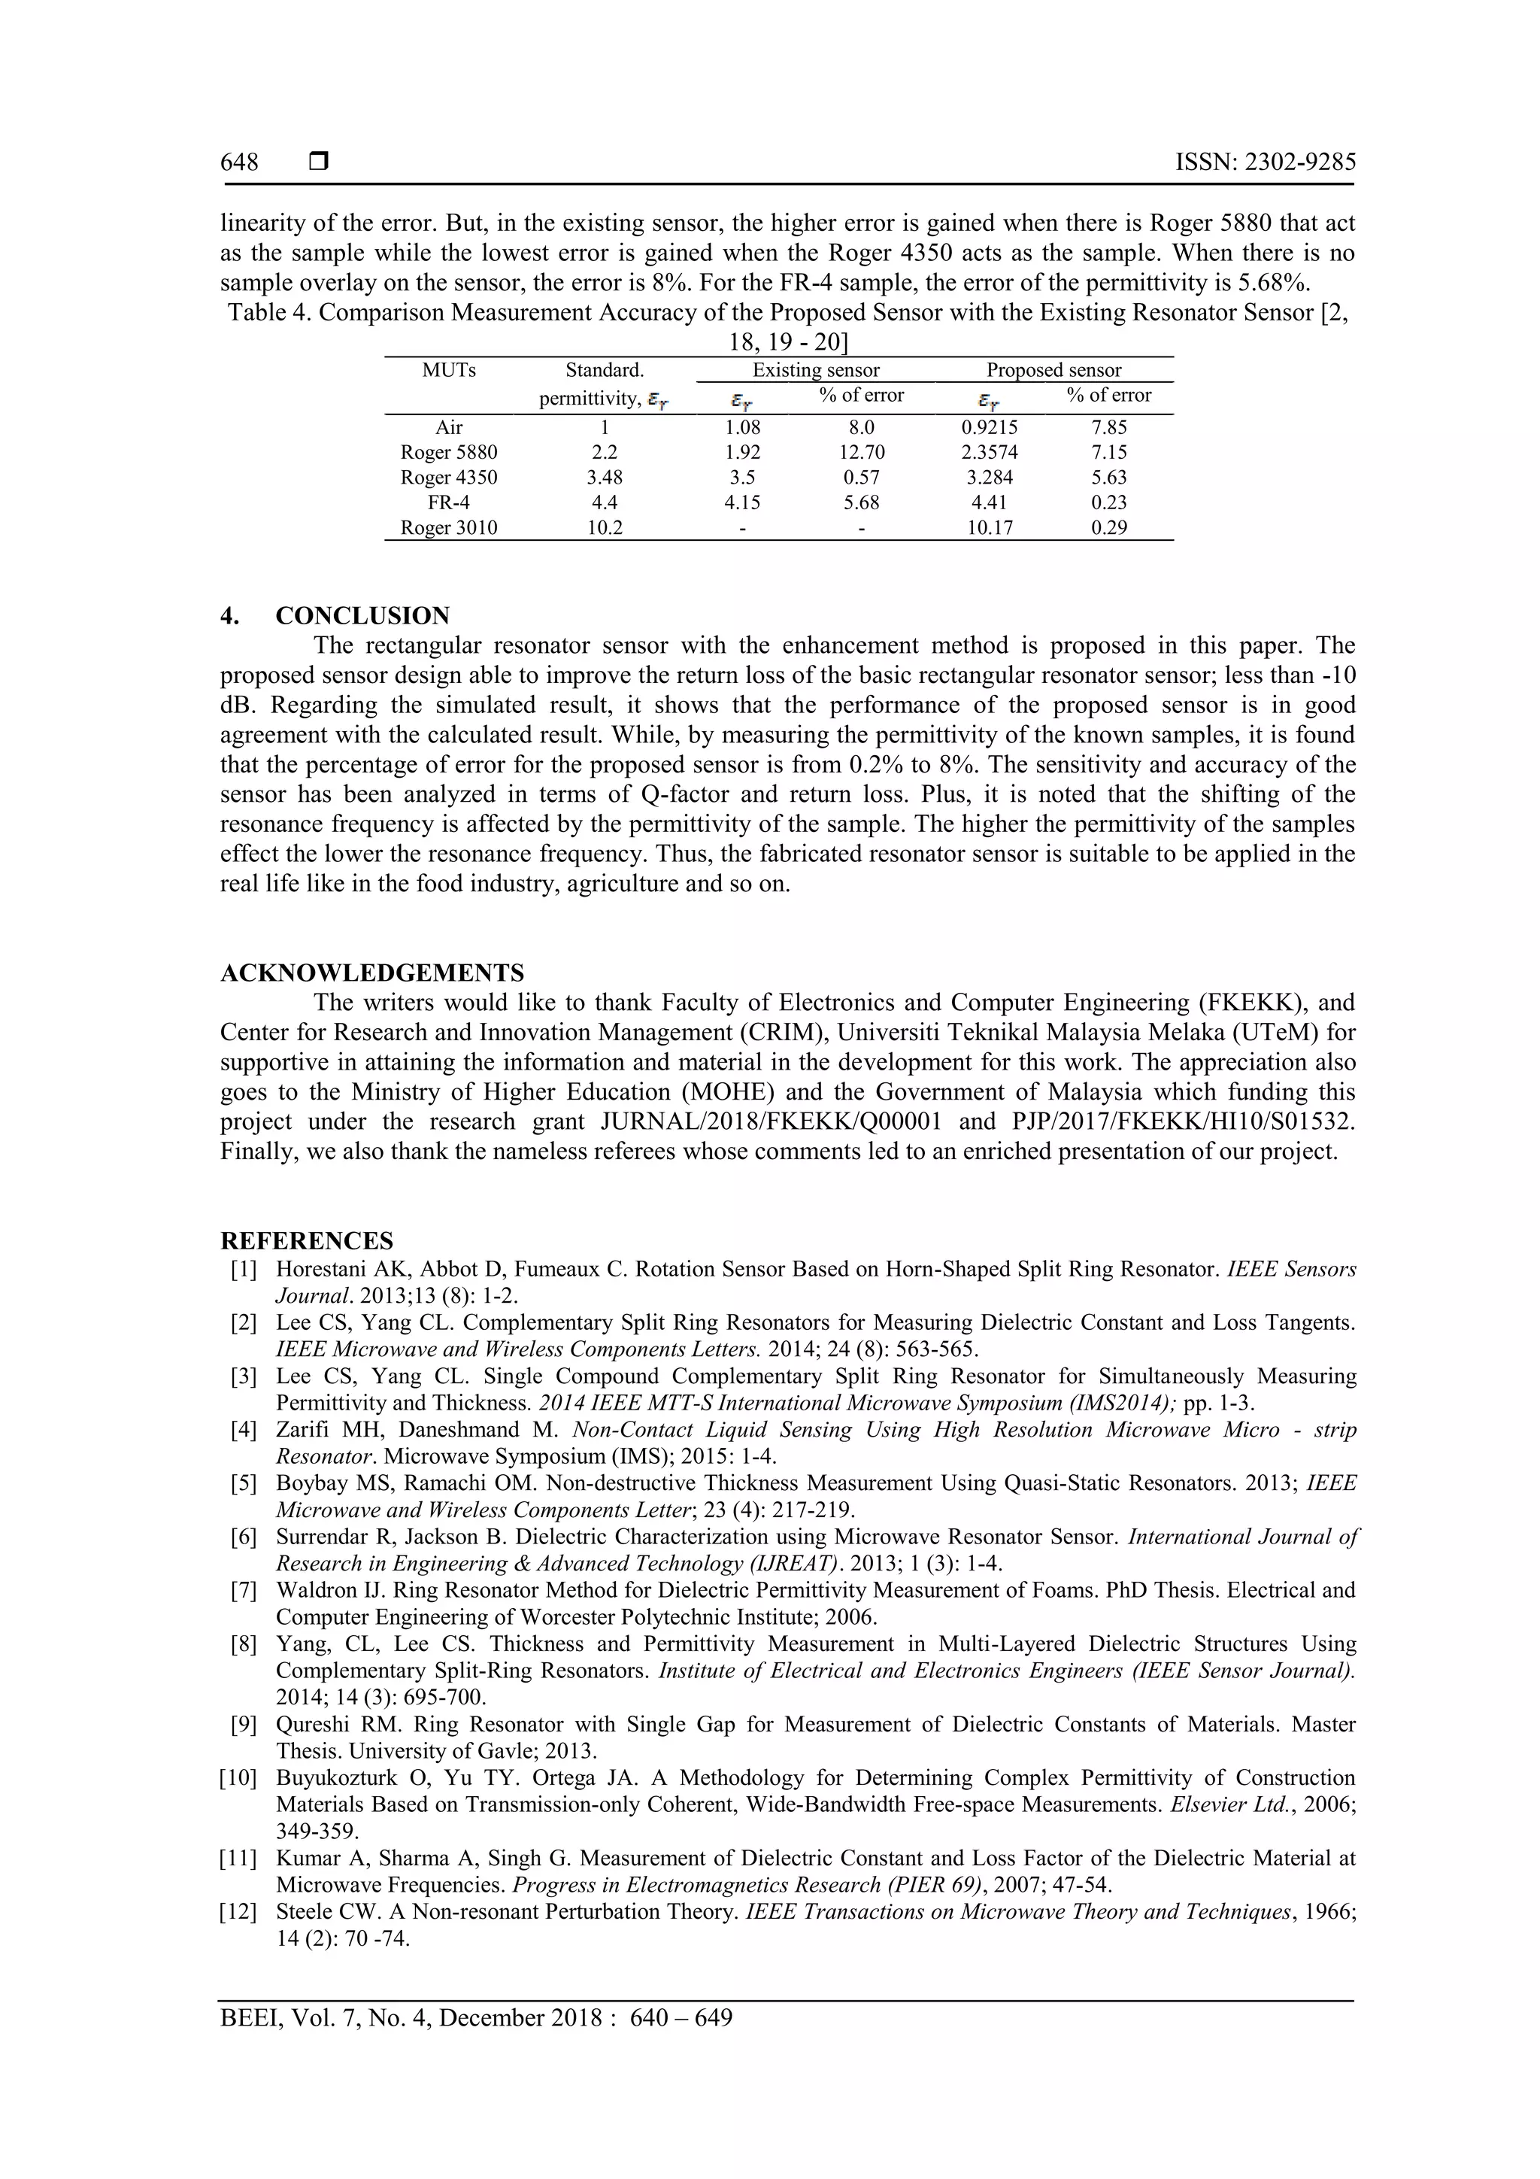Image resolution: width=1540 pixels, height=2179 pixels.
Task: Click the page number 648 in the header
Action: [x=239, y=162]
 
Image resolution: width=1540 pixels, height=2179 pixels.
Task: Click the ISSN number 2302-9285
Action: [x=1266, y=162]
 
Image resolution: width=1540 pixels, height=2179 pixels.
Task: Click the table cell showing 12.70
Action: [x=861, y=453]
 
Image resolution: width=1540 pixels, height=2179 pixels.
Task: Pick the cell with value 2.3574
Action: [x=990, y=453]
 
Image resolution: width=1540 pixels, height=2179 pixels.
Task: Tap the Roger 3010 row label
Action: [x=449, y=528]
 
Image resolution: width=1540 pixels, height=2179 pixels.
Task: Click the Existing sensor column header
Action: [x=815, y=370]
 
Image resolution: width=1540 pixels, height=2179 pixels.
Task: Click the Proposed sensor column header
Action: [x=1053, y=370]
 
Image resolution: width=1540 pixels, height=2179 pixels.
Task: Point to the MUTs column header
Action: [x=449, y=370]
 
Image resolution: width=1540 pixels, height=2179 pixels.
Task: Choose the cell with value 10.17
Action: [x=990, y=528]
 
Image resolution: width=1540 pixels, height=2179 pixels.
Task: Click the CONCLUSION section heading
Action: [x=362, y=616]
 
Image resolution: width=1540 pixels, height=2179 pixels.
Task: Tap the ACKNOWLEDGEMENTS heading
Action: [x=372, y=973]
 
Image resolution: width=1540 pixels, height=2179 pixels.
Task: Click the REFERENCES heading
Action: [x=307, y=1240]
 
